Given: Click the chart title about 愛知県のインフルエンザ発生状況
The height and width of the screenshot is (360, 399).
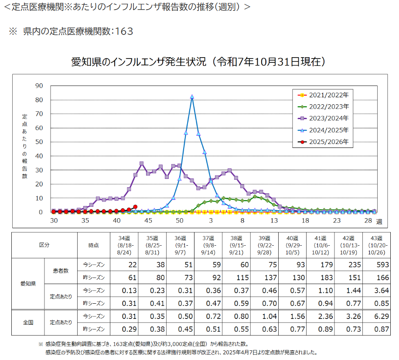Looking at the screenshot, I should click(x=198, y=62).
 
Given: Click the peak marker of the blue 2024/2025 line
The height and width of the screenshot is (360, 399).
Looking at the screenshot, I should click(x=192, y=97).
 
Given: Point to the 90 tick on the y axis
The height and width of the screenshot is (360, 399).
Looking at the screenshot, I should click(x=39, y=86).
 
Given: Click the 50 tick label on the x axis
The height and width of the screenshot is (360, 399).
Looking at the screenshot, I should click(x=179, y=221).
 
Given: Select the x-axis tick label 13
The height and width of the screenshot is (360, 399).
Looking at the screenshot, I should click(x=274, y=221).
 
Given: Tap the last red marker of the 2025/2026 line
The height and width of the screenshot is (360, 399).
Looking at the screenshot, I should click(x=135, y=207).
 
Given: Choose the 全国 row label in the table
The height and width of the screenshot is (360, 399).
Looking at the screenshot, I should click(x=27, y=322).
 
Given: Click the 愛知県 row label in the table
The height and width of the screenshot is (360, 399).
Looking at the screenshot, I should click(x=27, y=284).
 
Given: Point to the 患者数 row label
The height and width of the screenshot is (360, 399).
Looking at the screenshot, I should click(x=61, y=271).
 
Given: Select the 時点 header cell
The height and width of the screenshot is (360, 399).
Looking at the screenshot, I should click(x=93, y=245).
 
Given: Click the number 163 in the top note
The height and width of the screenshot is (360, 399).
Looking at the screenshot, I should click(x=122, y=31).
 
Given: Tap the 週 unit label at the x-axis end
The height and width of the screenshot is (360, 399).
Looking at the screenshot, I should click(x=379, y=222).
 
